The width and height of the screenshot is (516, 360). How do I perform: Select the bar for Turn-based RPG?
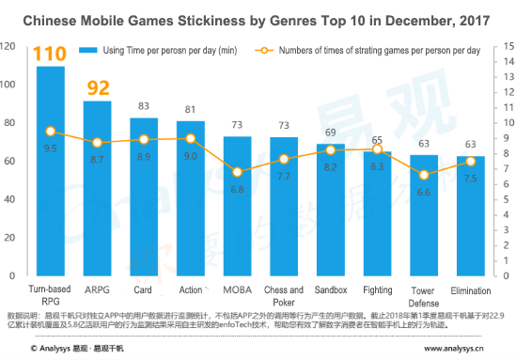(51, 169)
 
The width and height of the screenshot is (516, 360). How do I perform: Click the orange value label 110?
(50, 55)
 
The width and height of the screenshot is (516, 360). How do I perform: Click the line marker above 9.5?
(51, 132)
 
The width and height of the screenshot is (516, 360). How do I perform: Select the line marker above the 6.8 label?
(238, 172)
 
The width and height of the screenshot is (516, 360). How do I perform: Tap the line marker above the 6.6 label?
(424, 175)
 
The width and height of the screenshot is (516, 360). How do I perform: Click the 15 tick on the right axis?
(508, 46)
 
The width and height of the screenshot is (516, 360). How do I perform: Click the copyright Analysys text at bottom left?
(70, 347)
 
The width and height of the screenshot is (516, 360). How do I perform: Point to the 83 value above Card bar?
(144, 107)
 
